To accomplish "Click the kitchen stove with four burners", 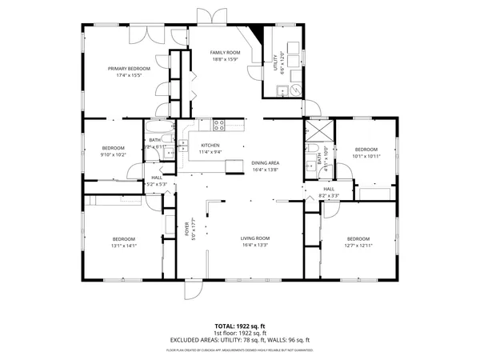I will tap(218, 124).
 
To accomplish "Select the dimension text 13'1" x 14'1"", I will tap(123, 246).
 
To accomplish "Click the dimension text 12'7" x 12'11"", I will tap(358, 246).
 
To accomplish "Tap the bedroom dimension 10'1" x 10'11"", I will tap(366, 156).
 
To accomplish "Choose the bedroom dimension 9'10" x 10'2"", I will tap(113, 154).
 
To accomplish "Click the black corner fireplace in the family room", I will tap(257, 34).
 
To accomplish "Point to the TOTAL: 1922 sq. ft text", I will tap(240, 326).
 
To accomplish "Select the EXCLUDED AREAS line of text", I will tap(240, 340).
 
